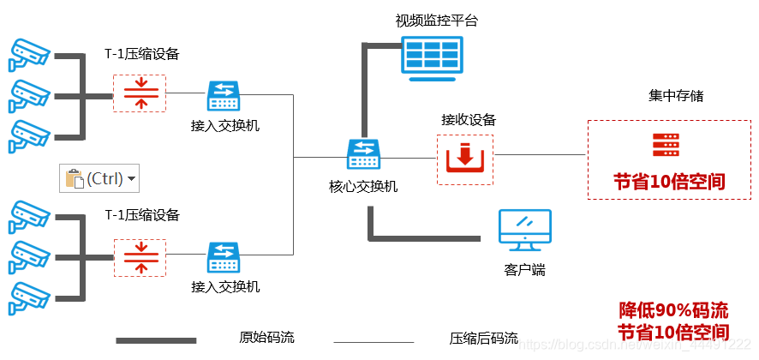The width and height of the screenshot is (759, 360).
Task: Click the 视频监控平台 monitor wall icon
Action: [432, 57]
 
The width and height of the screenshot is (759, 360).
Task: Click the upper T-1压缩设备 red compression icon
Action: [140, 93]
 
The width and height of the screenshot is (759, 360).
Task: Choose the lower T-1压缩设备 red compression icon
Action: [140, 258]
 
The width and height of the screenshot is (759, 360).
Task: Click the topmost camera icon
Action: [29, 54]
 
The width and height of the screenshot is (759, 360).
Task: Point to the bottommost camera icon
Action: [29, 296]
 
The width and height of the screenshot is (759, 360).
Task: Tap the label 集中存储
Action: [676, 96]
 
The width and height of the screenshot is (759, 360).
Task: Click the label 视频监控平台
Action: [436, 21]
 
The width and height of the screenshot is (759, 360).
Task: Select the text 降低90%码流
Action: [673, 310]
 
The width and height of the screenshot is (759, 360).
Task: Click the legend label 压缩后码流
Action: [483, 338]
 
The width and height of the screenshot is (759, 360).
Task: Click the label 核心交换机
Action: [363, 186]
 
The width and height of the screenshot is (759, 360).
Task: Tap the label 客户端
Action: [524, 270]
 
